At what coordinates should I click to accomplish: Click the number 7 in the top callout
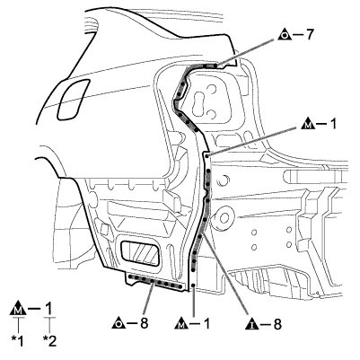coord(309,35)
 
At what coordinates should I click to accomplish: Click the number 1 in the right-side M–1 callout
coord(332,124)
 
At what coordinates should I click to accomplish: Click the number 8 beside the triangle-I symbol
coord(277,324)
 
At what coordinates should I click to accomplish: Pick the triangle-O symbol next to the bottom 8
coord(119,323)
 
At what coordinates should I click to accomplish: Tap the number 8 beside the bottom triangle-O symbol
coord(144,323)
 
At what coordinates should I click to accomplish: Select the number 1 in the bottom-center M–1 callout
coord(206,324)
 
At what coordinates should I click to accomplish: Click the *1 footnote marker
coord(17,341)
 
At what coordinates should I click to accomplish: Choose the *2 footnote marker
coord(49,341)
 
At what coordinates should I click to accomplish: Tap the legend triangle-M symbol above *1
coord(18,309)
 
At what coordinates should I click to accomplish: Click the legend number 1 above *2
coord(48,308)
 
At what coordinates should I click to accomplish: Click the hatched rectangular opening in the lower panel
coord(139,253)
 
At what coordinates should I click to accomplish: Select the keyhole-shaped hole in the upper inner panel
coord(199,104)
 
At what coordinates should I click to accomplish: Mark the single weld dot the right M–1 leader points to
coord(206,155)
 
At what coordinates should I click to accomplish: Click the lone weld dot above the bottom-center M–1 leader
coord(194,285)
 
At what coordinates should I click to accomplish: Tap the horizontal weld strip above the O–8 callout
coord(155,282)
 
